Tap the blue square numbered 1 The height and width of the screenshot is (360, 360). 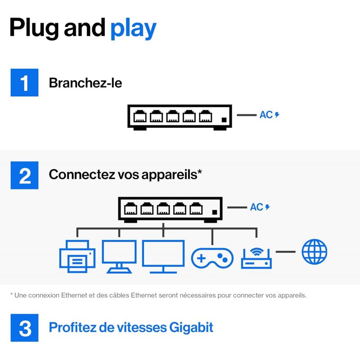(x=25, y=82)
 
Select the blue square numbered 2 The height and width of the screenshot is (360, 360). (x=25, y=175)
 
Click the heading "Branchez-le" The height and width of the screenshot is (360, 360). (x=85, y=83)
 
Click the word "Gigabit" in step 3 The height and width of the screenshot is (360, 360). (x=189, y=327)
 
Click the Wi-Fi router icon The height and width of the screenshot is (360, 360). (x=256, y=258)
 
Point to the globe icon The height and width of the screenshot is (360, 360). (x=315, y=252)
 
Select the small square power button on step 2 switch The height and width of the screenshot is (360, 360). (x=215, y=212)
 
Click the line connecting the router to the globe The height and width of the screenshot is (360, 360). (x=285, y=251)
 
